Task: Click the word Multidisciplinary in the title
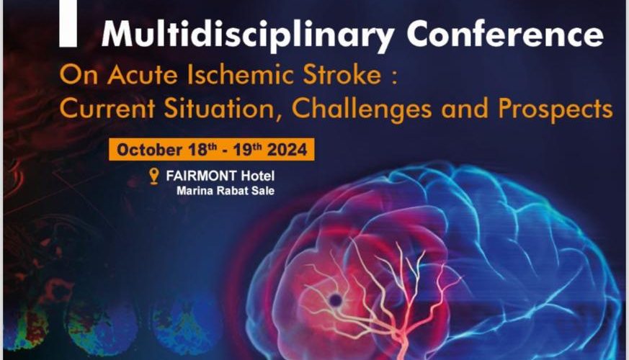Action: [x=248, y=35]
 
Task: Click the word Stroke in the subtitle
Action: [x=342, y=75]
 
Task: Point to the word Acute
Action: [x=143, y=75]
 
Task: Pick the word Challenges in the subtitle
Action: [x=362, y=109]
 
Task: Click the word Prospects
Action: [x=556, y=109]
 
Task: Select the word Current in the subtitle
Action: [x=107, y=108]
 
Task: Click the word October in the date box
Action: [x=149, y=150]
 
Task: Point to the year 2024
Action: [x=287, y=150]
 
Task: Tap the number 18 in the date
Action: [x=197, y=150]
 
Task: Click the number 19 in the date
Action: [x=242, y=150]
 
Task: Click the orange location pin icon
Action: [x=153, y=176]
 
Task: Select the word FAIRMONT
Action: [x=201, y=176]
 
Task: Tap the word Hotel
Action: [x=257, y=176]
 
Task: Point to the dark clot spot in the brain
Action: [x=335, y=300]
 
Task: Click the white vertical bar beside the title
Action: [x=68, y=24]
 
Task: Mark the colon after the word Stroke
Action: [x=394, y=76]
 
